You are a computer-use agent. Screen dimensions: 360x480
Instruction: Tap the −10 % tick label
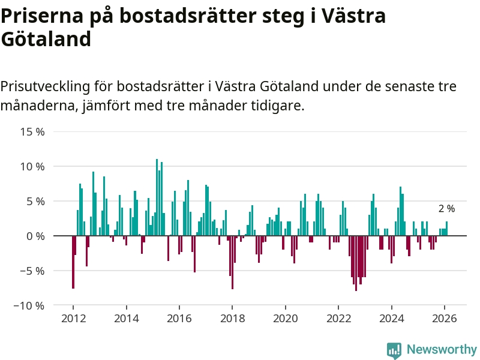pos(28,305)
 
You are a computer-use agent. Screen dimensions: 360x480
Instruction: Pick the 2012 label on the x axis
pos(73,319)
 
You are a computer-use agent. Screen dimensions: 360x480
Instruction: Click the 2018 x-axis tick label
pos(232,319)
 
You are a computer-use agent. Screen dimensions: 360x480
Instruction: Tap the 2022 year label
pos(338,319)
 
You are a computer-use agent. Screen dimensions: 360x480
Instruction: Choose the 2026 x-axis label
pos(445,319)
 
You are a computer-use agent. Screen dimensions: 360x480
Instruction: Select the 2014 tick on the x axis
pos(126,319)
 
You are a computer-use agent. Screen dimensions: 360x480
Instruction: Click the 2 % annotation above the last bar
pos(446,209)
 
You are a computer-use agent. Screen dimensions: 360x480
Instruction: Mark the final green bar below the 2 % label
pos(446,229)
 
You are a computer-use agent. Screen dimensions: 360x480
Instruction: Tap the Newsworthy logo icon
pos(394,350)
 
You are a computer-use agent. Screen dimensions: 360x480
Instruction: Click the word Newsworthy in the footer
pos(442,350)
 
